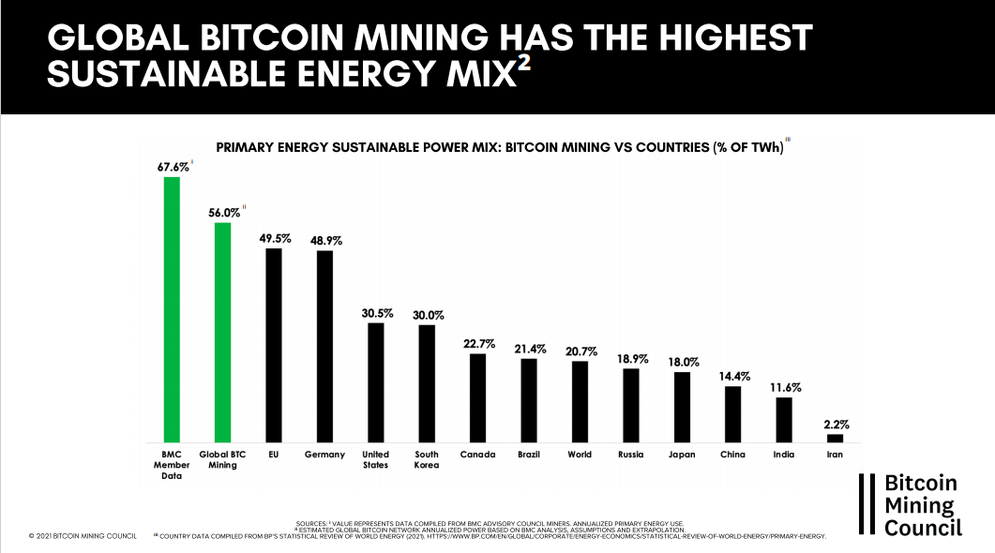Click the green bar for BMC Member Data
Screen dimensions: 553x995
point(172,309)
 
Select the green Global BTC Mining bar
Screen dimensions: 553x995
point(222,332)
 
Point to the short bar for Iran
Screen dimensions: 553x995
point(835,438)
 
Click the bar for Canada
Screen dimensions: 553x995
point(477,397)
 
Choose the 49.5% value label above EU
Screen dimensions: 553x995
point(274,238)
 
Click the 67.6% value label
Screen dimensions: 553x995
point(172,167)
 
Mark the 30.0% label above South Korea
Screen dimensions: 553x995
point(427,315)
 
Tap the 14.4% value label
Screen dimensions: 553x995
point(732,376)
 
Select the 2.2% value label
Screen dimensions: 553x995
point(836,424)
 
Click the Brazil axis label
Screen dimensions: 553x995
point(529,455)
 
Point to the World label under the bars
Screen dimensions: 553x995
point(580,455)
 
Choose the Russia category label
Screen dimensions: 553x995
point(630,455)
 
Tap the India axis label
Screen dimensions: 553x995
point(784,455)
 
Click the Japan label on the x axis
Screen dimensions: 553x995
point(682,455)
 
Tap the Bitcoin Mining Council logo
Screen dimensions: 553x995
point(911,505)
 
